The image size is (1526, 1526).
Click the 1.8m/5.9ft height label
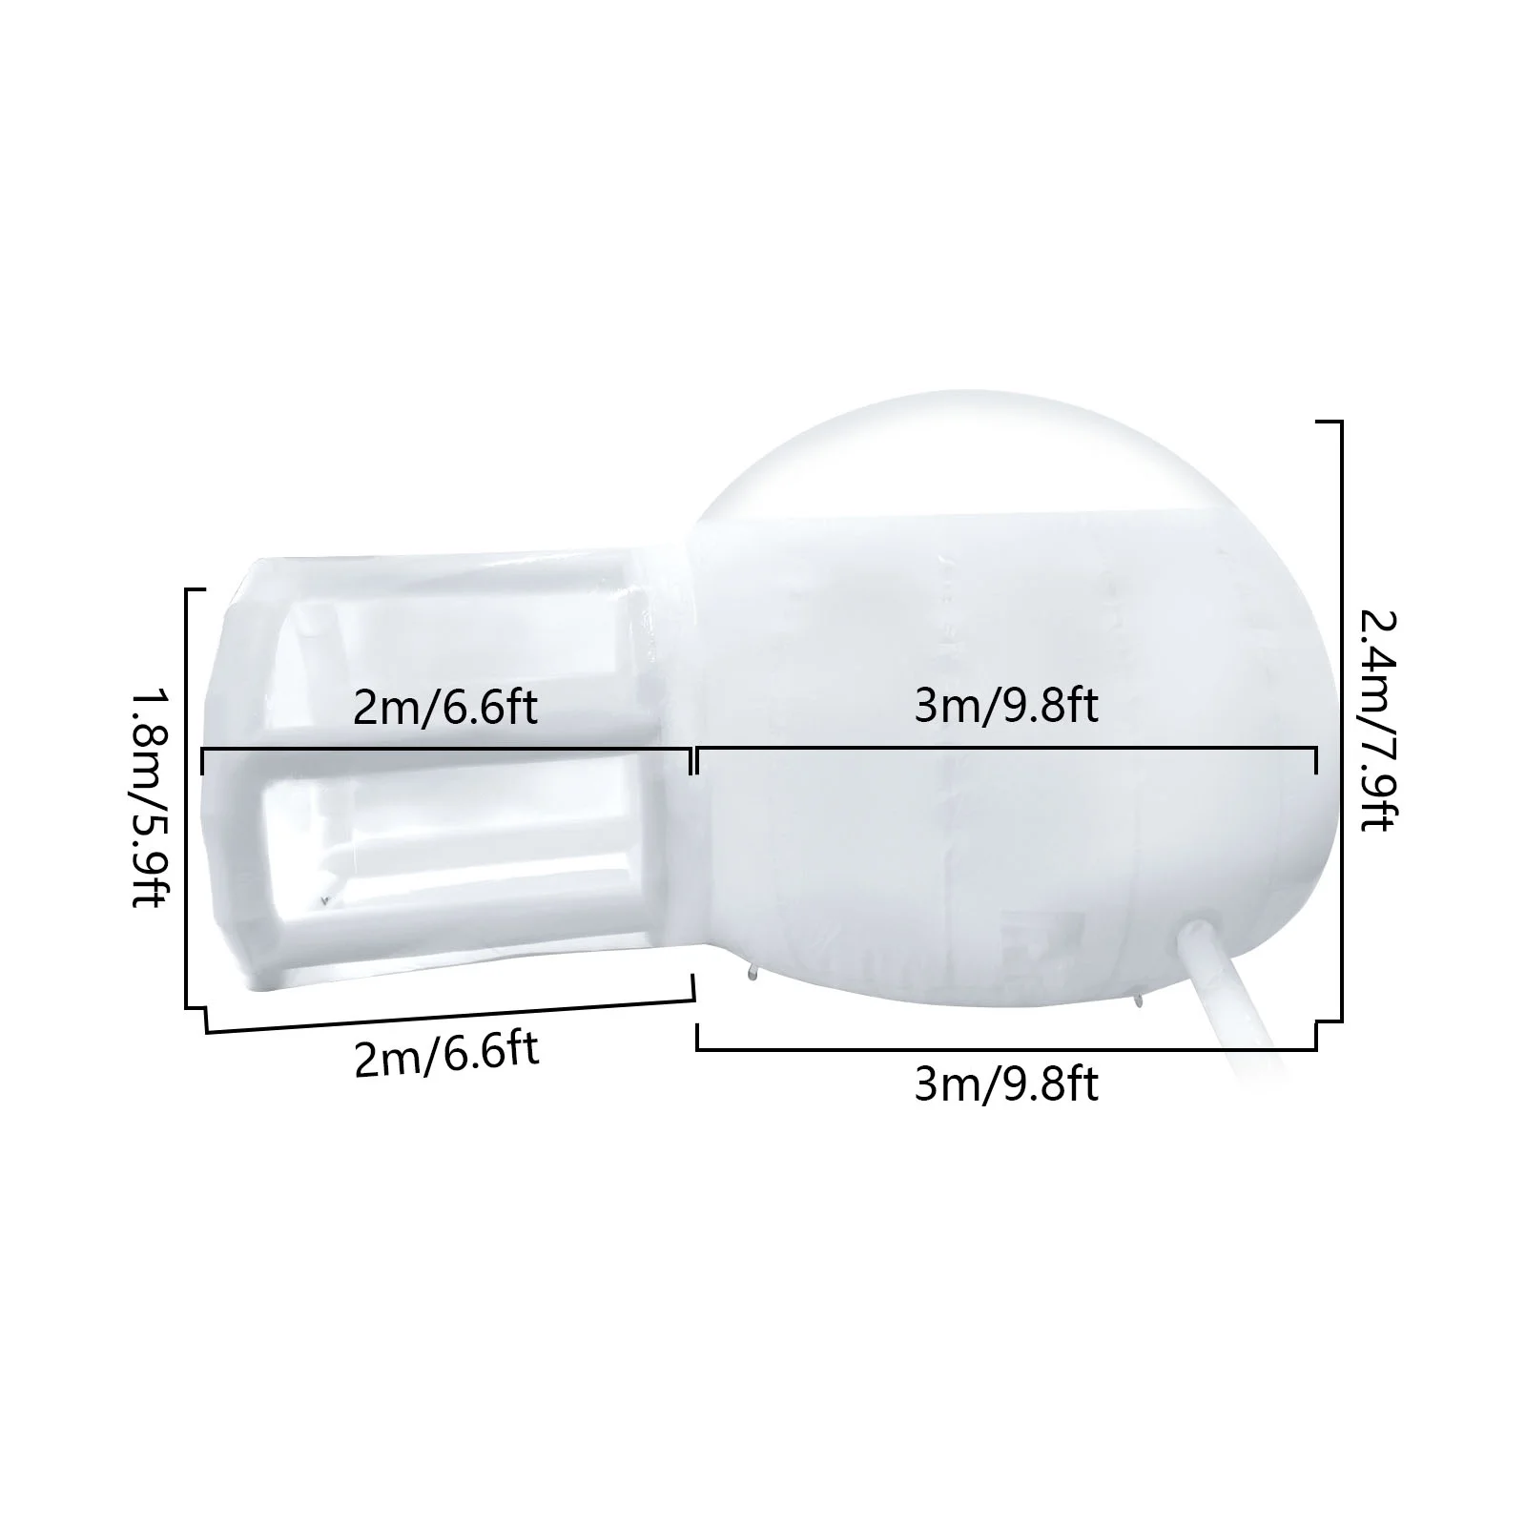[x=149, y=798]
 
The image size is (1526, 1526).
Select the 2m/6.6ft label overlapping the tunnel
[x=445, y=707]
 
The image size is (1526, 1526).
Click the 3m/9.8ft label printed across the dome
[x=1006, y=707]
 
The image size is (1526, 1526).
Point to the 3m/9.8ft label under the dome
[x=1006, y=1084]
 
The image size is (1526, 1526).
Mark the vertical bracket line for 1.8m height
[x=186, y=798]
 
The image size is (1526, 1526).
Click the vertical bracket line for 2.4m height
[x=1342, y=720]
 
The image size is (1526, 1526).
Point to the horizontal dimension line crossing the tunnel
[x=446, y=751]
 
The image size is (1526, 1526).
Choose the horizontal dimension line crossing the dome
[x=1006, y=751]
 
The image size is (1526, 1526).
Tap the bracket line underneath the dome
[x=1006, y=1049]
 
